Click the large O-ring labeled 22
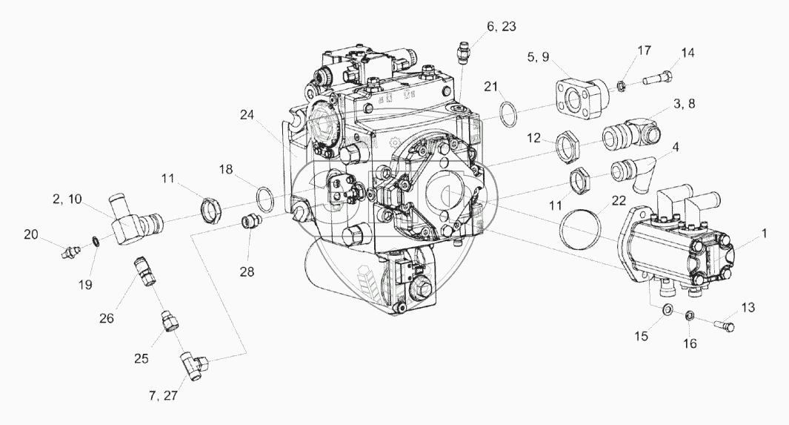tap(583, 228)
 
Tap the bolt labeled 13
tap(722, 323)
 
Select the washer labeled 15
tap(667, 309)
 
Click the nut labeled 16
tap(688, 315)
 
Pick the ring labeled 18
tap(265, 200)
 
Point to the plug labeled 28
tap(250, 222)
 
